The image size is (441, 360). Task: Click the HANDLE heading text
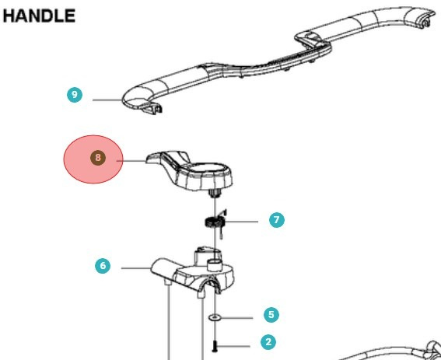click(x=39, y=16)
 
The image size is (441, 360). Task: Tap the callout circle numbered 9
click(x=75, y=95)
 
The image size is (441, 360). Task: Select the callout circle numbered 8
click(x=98, y=158)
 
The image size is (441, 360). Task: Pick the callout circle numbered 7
click(x=277, y=220)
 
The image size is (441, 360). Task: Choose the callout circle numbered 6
click(x=103, y=266)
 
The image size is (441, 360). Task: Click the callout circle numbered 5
click(x=271, y=314)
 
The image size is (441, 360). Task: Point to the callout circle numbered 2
click(x=268, y=342)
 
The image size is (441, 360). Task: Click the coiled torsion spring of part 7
click(x=215, y=222)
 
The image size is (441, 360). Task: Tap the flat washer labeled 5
click(x=215, y=318)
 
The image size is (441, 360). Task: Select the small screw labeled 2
click(x=215, y=346)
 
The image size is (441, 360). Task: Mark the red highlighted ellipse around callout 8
click(x=93, y=159)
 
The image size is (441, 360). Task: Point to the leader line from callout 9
click(x=107, y=100)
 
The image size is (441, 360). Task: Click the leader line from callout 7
click(x=242, y=222)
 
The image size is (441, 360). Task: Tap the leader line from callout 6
click(x=136, y=268)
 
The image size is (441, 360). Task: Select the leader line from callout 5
click(x=236, y=318)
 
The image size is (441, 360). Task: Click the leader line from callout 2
click(x=233, y=346)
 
